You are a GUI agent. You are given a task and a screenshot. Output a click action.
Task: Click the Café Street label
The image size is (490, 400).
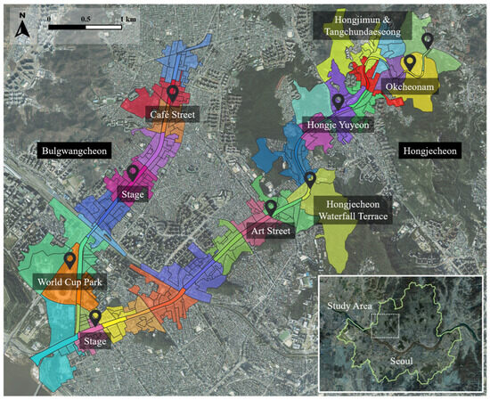pyautogui.click(x=173, y=115)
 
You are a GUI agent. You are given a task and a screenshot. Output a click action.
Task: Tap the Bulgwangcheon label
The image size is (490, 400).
pyautogui.click(x=74, y=152)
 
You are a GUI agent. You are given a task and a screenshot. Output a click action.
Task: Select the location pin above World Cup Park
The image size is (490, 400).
pyautogui.click(x=69, y=260)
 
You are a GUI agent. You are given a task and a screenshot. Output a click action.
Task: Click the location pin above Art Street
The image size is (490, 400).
pyautogui.click(x=271, y=208)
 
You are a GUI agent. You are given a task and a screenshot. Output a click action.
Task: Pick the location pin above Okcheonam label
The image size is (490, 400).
pyautogui.click(x=410, y=62)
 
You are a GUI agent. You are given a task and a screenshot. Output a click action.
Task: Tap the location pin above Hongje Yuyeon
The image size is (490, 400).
pyautogui.click(x=338, y=101)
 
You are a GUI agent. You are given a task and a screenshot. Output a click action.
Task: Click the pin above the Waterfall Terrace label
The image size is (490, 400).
pyautogui.click(x=310, y=179)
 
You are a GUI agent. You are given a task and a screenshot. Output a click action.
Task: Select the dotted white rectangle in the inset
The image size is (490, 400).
pyautogui.click(x=384, y=326)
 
